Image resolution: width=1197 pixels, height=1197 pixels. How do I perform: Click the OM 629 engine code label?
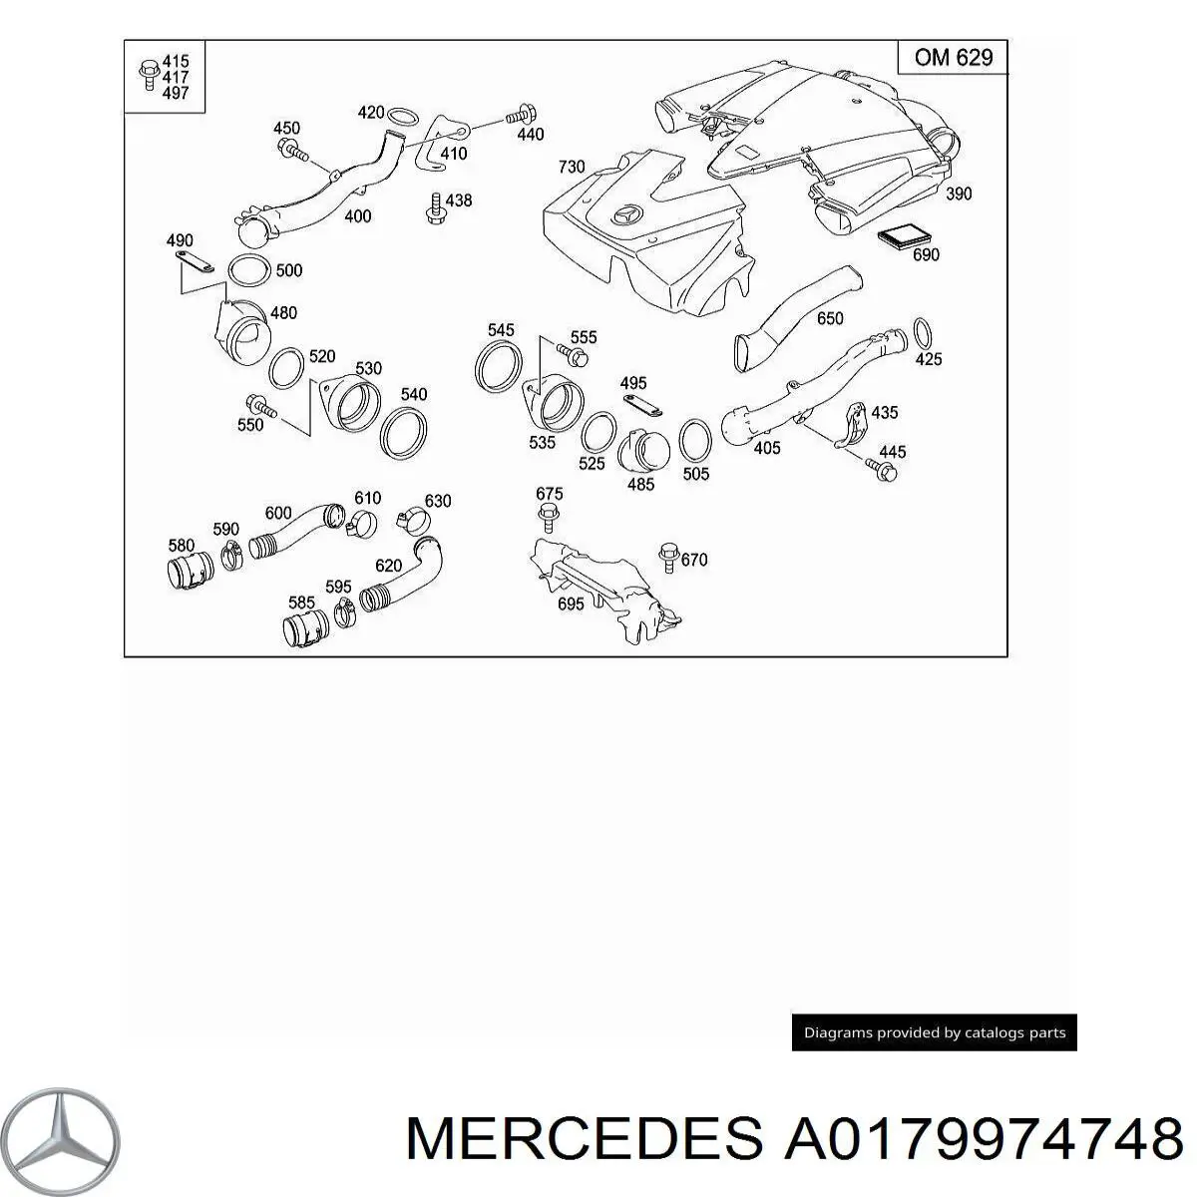coord(953,58)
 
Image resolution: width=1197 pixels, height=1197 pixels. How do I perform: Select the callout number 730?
coord(572,167)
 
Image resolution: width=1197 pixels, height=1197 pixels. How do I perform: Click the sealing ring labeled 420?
coord(403,116)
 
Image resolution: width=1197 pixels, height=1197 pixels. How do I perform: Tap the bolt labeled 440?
coord(521,116)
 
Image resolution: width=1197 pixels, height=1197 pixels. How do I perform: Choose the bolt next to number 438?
coord(435,209)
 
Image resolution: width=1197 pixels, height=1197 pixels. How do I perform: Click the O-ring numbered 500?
coord(249,272)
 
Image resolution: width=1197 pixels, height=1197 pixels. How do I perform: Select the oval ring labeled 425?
coord(922,333)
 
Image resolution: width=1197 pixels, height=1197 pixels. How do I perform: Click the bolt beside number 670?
coord(668,558)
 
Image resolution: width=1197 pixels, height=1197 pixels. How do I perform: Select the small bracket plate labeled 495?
coord(642,406)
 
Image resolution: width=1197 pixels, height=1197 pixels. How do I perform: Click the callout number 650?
coord(829,318)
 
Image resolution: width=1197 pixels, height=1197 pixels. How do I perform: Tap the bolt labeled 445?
coord(881,470)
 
